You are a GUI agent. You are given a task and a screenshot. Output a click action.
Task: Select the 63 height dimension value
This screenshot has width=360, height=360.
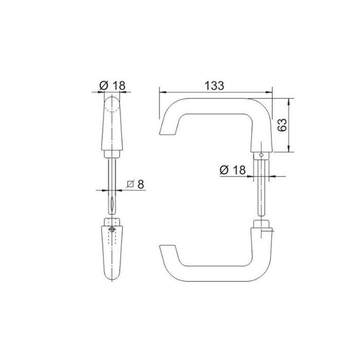coord(282,125)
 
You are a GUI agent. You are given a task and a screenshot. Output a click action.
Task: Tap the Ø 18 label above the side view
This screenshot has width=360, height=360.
coord(112,85)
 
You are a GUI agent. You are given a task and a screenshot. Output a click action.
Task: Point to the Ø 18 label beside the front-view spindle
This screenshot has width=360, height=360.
coord(232,170)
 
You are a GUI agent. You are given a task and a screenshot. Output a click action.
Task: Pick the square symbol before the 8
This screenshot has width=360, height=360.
coord(130,184)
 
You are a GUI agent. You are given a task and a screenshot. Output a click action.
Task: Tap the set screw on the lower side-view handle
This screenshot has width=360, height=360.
coord(112,229)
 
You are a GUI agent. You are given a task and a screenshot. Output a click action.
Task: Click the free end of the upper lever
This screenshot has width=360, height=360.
coord(167,129)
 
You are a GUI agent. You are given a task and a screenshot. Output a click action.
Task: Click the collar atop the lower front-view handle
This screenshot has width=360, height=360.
coord(262,224)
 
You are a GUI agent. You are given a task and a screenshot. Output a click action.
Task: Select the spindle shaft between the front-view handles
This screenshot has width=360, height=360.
coord(262,188)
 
